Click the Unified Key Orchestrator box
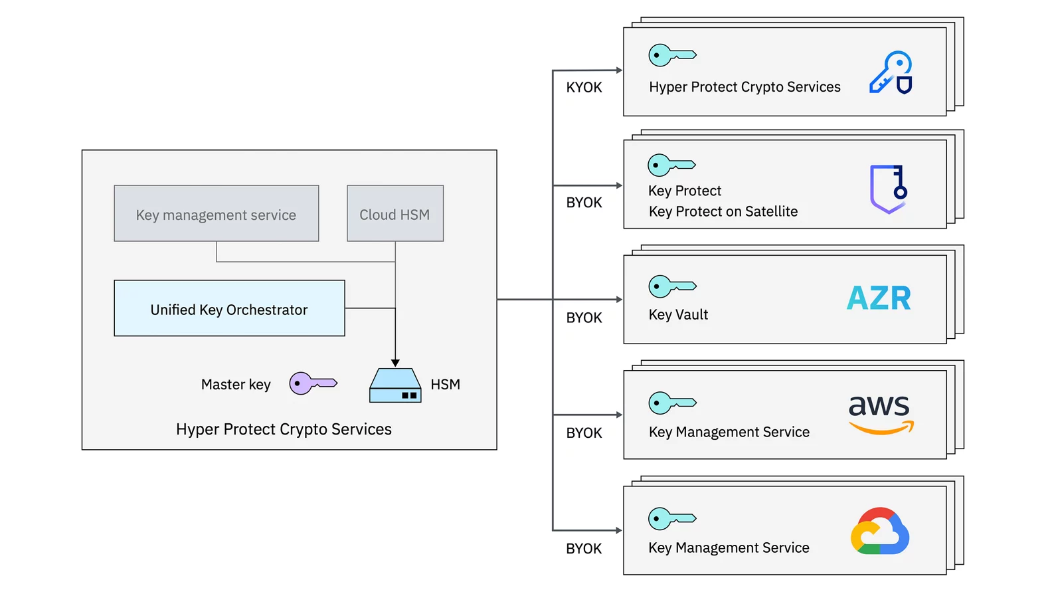(x=229, y=308)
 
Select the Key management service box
(x=216, y=214)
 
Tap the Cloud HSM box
(x=394, y=214)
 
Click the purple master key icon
(x=312, y=383)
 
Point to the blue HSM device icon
(x=395, y=386)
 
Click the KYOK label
(x=584, y=88)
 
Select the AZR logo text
(x=879, y=298)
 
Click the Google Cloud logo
(x=879, y=531)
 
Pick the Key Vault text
(x=678, y=315)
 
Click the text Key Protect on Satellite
(x=723, y=211)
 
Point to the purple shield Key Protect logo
(x=888, y=189)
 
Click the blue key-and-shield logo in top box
(x=891, y=72)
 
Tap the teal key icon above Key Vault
(x=671, y=286)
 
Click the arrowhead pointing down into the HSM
(x=395, y=363)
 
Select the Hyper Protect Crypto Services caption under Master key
(x=284, y=429)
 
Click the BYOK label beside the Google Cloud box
(x=584, y=549)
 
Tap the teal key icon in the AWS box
(x=671, y=403)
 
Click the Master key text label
(x=236, y=385)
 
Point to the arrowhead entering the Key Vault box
(x=619, y=300)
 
